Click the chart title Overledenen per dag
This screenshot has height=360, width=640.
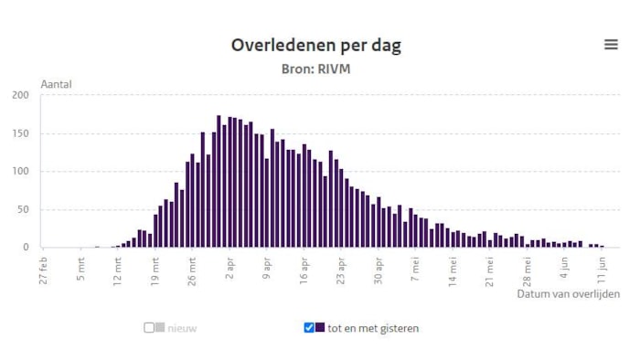pos(315,45)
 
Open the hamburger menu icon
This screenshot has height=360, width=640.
pos(611,45)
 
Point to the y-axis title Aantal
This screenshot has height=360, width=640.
pos(56,84)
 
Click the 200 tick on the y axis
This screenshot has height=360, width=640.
pos(20,94)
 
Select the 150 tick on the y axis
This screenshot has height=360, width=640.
pos(20,132)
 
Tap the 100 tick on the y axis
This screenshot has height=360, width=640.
pos(20,171)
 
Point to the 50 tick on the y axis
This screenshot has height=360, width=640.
pos(23,209)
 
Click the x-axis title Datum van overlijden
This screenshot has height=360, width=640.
pos(568,294)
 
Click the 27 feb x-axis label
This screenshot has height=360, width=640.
pos(44,270)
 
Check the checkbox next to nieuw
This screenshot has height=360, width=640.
pos(149,328)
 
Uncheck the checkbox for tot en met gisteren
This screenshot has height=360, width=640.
pos(309,328)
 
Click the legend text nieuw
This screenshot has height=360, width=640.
pos(181,328)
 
